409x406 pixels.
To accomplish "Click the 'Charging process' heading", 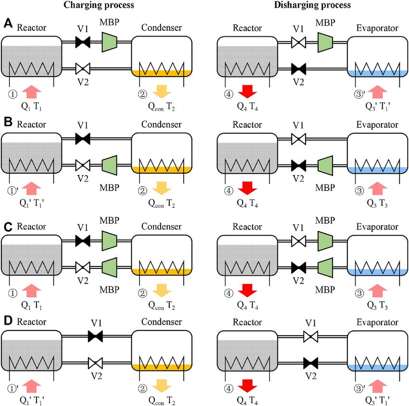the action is pyautogui.click(x=99, y=5).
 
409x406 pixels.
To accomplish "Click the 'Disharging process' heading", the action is pyautogui.click(x=312, y=5).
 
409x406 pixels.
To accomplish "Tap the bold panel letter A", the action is pyautogui.click(x=8, y=24).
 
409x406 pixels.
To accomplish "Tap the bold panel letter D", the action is pyautogui.click(x=8, y=320).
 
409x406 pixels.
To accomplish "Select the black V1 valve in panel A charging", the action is pyautogui.click(x=83, y=42).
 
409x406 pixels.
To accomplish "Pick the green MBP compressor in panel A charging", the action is pyautogui.click(x=109, y=42).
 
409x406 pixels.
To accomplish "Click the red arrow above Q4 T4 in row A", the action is pyautogui.click(x=247, y=91).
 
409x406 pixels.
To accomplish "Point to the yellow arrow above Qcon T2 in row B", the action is pyautogui.click(x=162, y=188).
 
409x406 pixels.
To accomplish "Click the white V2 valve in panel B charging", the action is pyautogui.click(x=83, y=165).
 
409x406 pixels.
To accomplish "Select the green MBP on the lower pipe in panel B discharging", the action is pyautogui.click(x=325, y=165).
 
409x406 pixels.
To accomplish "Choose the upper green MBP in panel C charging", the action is pyautogui.click(x=109, y=241).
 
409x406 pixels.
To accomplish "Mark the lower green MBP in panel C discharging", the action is pyautogui.click(x=325, y=267).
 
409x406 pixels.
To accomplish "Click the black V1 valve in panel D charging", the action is pyautogui.click(x=95, y=336).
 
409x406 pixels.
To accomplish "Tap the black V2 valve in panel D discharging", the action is pyautogui.click(x=311, y=363).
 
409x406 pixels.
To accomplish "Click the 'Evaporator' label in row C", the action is pyautogui.click(x=377, y=227).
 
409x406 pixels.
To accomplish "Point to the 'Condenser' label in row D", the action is pyautogui.click(x=162, y=322).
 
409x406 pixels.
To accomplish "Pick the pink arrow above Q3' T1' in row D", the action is pyautogui.click(x=377, y=386).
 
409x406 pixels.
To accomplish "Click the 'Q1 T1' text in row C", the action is pyautogui.click(x=31, y=305).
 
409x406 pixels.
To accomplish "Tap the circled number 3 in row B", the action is pyautogui.click(x=359, y=191).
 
